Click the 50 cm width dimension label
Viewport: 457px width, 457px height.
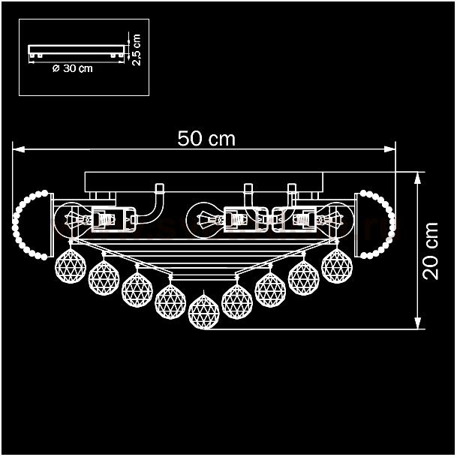[206, 138]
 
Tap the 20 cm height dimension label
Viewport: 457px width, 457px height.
[430, 251]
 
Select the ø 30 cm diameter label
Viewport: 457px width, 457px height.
[73, 68]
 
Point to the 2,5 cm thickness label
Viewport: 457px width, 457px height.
[136, 50]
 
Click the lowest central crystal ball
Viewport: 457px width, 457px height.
[203, 311]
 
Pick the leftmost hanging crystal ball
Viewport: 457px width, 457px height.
[71, 266]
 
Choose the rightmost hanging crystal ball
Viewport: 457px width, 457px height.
[337, 266]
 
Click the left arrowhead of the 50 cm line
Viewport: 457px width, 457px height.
[18, 149]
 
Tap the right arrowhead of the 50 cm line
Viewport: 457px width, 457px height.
[389, 149]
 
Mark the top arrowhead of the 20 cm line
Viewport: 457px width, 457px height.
[418, 178]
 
